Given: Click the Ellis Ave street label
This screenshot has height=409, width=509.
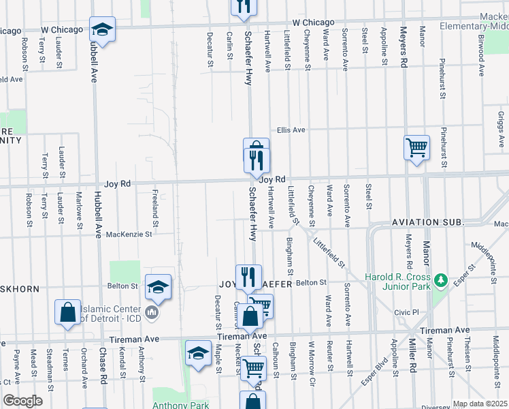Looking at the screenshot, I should [x=291, y=130].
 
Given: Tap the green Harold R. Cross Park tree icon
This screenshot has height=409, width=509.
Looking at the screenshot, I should [x=441, y=279].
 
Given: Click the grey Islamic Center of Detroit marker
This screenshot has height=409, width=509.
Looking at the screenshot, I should [x=151, y=312].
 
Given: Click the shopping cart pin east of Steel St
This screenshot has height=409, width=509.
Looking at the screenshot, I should [x=416, y=147].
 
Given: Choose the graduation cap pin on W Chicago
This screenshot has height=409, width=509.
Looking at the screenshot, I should [x=102, y=29].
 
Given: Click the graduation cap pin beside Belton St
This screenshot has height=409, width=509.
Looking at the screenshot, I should [x=158, y=286].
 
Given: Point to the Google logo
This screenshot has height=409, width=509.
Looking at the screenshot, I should [x=22, y=401].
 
